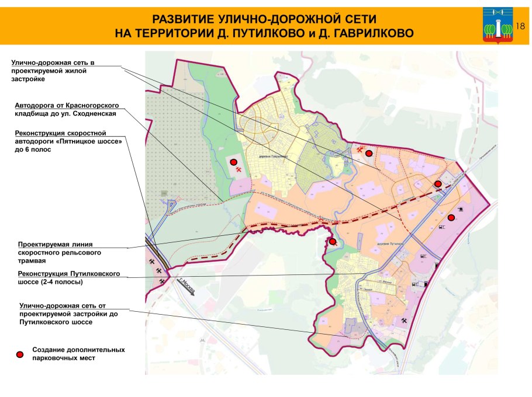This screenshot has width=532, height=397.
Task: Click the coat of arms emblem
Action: [498, 26]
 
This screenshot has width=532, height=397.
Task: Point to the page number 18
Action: [521, 25]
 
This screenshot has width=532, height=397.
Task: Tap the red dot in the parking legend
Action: [20, 354]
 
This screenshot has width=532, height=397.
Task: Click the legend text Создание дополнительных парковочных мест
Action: [78, 354]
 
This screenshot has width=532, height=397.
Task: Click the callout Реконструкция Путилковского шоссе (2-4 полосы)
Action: [68, 277]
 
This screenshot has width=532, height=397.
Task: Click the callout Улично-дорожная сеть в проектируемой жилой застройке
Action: [52, 70]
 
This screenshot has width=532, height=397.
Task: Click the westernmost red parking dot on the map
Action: [233, 162]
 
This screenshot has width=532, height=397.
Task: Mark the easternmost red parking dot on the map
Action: [451, 218]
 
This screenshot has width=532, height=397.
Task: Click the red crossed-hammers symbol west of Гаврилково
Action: [239, 169]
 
